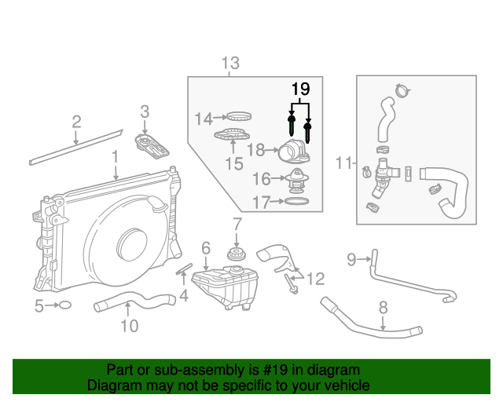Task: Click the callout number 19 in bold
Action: tap(301, 89)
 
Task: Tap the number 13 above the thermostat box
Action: tap(230, 63)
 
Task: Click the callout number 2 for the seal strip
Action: tap(76, 121)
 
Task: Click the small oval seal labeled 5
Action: tap(66, 305)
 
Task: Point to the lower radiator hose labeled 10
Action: tap(134, 301)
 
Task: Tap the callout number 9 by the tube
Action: tap(352, 257)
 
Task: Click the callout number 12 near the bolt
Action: tap(315, 278)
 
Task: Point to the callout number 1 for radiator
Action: tap(115, 157)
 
